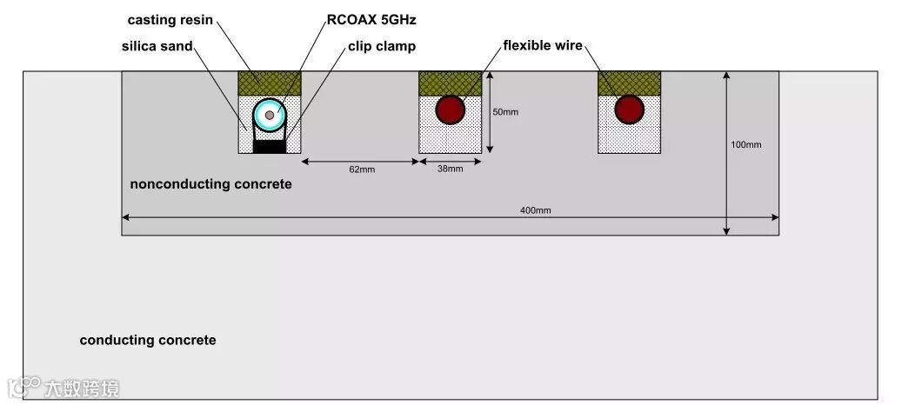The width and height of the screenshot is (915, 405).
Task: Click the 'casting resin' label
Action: tap(170, 19)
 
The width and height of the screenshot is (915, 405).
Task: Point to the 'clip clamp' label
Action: tap(382, 45)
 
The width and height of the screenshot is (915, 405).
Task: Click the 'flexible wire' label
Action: tap(543, 45)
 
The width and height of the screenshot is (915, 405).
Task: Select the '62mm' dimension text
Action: tap(361, 169)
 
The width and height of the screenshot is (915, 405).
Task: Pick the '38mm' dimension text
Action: tap(450, 169)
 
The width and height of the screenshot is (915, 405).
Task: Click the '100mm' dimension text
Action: tap(746, 144)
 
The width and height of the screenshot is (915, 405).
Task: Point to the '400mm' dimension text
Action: tap(536, 210)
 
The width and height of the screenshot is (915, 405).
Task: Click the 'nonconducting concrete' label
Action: tap(210, 184)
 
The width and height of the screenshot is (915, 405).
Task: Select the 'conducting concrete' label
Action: tap(148, 340)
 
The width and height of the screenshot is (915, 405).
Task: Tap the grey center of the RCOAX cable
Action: tap(270, 114)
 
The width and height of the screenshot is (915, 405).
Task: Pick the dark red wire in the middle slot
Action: tap(450, 110)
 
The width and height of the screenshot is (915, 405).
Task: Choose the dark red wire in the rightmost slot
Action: tap(629, 110)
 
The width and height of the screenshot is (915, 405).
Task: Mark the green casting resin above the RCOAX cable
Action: tap(270, 83)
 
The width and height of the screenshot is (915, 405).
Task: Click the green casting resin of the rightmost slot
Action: tap(629, 83)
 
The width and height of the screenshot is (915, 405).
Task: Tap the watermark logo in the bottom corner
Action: tap(63, 388)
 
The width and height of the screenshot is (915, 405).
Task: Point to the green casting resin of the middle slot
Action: tap(450, 82)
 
